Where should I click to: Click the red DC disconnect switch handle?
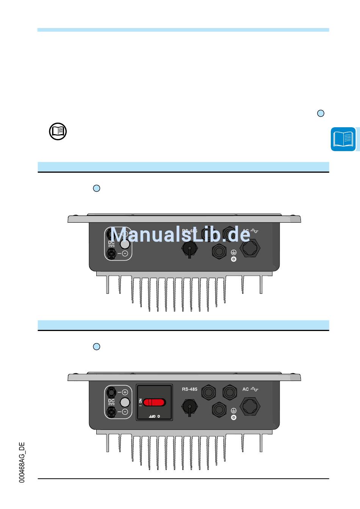click(x=155, y=402)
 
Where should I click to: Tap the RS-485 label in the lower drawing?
click(x=189, y=389)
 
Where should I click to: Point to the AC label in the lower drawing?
click(x=246, y=389)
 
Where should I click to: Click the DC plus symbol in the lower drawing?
click(x=125, y=392)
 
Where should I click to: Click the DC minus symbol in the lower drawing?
click(x=125, y=412)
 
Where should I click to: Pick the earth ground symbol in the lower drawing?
click(x=233, y=411)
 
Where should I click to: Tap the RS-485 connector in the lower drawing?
click(x=189, y=408)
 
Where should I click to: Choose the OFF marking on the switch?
click(x=152, y=416)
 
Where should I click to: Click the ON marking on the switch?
click(x=140, y=402)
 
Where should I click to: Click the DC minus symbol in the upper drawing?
click(x=125, y=254)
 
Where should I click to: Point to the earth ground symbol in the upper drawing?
click(x=233, y=253)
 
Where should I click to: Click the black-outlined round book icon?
click(x=58, y=132)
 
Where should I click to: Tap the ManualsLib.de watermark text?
click(x=180, y=234)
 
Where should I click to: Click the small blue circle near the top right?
click(x=321, y=113)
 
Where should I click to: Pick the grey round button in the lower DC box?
click(x=125, y=402)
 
